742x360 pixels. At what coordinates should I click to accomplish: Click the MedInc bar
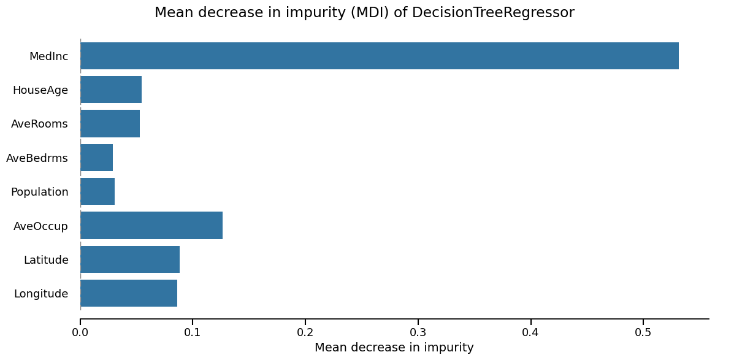(379, 56)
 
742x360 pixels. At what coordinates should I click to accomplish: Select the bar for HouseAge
(111, 90)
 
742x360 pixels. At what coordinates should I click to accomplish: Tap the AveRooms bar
(110, 123)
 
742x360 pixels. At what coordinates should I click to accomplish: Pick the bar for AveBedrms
(96, 158)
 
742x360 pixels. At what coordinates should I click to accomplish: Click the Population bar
(98, 191)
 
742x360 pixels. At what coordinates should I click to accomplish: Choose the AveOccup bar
(151, 225)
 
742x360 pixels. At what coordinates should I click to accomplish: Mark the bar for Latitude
(130, 259)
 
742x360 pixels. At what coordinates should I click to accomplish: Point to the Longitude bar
(129, 293)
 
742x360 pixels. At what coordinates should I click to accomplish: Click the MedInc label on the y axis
(48, 56)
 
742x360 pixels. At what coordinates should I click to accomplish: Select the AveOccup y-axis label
(40, 226)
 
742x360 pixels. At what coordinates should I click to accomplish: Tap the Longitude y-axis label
(40, 294)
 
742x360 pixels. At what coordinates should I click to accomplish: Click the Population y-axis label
(39, 192)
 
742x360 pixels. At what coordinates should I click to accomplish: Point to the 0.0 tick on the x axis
(80, 332)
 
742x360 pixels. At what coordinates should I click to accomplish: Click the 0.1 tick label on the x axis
(193, 332)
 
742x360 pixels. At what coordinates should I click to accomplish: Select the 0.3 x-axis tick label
(418, 332)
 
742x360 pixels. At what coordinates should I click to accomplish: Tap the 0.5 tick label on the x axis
(643, 332)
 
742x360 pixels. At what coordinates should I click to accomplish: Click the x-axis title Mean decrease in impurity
(394, 348)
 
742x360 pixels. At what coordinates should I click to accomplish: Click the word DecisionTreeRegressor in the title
(493, 13)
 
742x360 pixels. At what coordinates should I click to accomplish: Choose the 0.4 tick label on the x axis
(530, 332)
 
